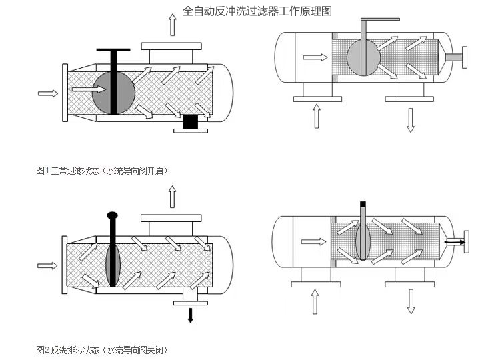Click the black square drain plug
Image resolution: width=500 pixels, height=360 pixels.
(x=191, y=121)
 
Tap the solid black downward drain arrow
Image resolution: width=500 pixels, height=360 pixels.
(x=191, y=315)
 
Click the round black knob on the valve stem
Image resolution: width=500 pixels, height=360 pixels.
(x=112, y=215)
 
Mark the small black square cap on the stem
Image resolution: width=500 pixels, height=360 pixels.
(x=363, y=203)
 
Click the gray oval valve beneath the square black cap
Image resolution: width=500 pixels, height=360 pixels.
(x=363, y=241)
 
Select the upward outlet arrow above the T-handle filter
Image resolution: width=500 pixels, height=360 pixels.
(x=173, y=25)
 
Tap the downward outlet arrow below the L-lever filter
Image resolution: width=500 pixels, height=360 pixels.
(x=411, y=118)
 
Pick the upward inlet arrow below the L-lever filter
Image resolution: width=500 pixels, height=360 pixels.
(x=317, y=117)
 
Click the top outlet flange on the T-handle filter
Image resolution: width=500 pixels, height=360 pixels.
(x=171, y=47)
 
